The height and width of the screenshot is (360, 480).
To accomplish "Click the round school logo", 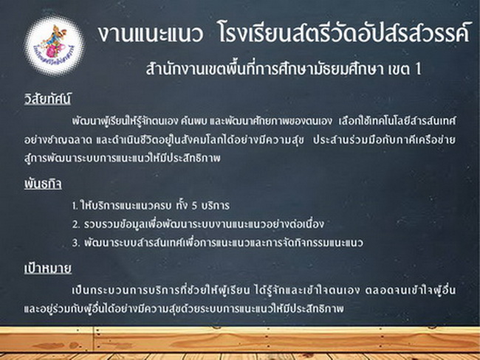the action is pos(55,46).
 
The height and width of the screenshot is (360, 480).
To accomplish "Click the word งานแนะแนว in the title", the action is pos(151,33).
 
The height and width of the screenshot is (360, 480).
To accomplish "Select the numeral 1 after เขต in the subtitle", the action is pos(418,69).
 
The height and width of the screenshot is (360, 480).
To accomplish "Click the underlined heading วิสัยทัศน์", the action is pos(47,99).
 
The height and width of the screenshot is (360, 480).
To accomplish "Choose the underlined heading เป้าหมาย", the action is pos(48,268).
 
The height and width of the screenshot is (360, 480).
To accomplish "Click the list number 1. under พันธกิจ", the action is pos(75,206).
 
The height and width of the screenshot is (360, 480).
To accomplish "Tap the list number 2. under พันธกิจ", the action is pos(76,224).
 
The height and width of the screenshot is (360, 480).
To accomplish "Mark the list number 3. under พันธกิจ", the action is pos(76,243).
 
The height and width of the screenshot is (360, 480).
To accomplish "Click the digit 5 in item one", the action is pos(194,206).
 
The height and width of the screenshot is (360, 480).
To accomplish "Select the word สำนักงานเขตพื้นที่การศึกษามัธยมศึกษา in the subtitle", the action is pos(264,69).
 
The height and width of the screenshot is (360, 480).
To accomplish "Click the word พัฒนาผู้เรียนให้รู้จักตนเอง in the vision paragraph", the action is pos(125,121).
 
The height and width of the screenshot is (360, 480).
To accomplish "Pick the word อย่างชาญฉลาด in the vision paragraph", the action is pos(58,139).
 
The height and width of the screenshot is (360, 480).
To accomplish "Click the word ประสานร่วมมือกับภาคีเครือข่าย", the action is pos(384,139).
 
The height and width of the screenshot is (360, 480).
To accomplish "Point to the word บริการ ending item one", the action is pos(215,206).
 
